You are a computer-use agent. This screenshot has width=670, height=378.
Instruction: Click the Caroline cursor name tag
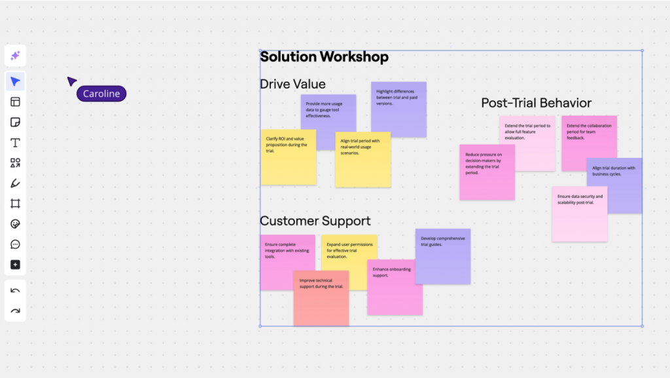(x=101, y=94)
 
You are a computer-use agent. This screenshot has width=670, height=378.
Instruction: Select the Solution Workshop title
(x=324, y=57)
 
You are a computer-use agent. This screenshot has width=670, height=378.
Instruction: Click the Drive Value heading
(x=292, y=84)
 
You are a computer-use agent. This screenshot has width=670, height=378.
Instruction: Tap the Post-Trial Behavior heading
(x=536, y=103)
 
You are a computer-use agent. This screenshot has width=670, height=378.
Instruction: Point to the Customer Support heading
(x=315, y=221)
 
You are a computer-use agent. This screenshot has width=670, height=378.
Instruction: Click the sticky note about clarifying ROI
(x=288, y=158)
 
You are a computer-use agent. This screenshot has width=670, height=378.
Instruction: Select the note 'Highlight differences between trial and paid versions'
(x=398, y=109)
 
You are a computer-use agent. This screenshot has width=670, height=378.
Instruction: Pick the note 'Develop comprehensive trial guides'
(x=443, y=256)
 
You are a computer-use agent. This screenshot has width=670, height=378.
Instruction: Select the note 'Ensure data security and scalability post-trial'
(x=579, y=214)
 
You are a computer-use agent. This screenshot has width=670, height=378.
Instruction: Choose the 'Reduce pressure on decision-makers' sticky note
(x=486, y=172)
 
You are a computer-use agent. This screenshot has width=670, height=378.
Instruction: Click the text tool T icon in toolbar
(x=15, y=143)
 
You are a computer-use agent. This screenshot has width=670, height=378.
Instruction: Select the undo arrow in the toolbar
(x=15, y=290)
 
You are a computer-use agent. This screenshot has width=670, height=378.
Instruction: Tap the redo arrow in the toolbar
(x=15, y=311)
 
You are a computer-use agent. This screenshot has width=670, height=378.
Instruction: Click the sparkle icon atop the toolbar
(x=15, y=56)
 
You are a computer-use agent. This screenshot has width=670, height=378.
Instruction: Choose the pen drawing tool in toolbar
(x=15, y=183)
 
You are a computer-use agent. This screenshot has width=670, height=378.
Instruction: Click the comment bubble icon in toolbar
(x=15, y=244)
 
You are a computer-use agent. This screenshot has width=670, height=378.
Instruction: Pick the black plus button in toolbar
(x=15, y=265)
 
